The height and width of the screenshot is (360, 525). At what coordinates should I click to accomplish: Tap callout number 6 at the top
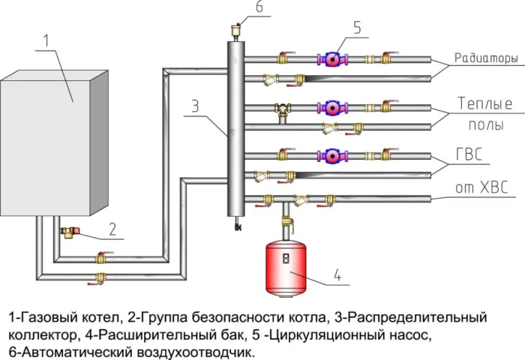(238, 8)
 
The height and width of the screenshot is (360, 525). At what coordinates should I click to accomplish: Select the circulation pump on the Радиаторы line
(331, 58)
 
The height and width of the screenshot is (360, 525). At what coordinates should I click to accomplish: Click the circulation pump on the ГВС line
(331, 156)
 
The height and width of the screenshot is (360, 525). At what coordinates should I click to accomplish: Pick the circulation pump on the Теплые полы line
(331, 107)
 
